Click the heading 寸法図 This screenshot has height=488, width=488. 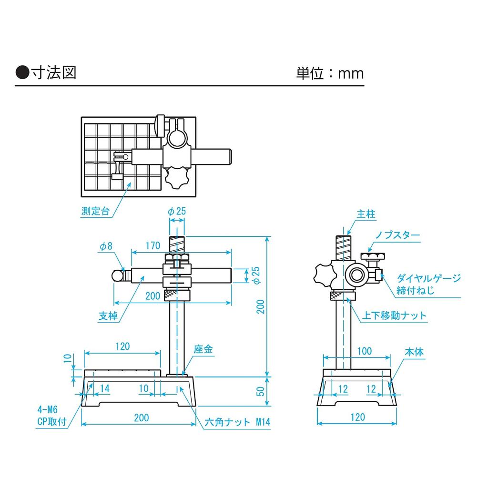tap(53, 72)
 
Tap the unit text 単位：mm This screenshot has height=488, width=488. tap(330, 73)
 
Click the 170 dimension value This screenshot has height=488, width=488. tap(152, 246)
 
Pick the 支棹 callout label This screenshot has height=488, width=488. tap(108, 315)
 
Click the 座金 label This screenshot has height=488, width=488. tap(203, 350)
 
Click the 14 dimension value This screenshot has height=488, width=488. tap(105, 389)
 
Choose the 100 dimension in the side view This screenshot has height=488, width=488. tap(364, 351)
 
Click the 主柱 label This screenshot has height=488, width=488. tap(366, 214)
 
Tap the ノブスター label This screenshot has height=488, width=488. tap(397, 235)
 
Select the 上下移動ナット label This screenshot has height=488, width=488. tap(395, 315)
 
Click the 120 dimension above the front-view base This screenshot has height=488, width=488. tap(122, 346)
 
